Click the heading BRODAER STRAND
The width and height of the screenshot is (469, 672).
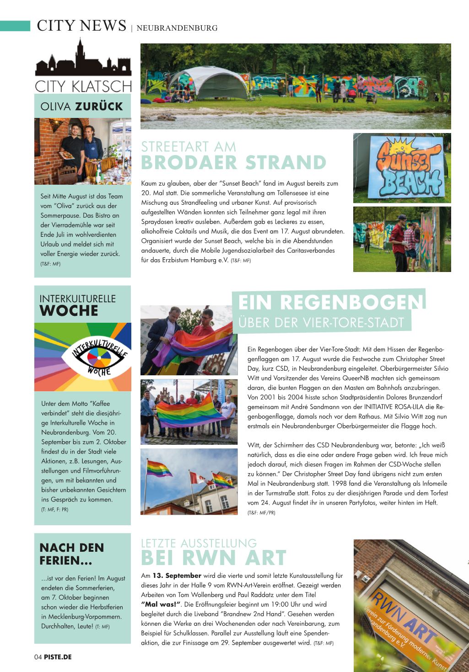[x=233, y=163]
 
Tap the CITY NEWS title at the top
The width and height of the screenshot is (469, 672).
[x=81, y=26]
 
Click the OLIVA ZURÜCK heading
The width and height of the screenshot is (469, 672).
[x=82, y=107]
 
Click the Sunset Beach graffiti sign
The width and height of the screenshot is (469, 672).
[x=402, y=168]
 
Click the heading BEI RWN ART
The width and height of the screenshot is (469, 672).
[x=213, y=558]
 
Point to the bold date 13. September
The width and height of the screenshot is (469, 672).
[x=177, y=576]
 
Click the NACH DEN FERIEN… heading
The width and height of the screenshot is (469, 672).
[x=72, y=554]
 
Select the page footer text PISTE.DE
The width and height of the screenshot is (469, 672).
[x=58, y=657]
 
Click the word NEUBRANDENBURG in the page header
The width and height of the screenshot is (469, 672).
[x=177, y=28]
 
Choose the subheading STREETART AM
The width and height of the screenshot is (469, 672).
[x=189, y=147]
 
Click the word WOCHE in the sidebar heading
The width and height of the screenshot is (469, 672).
[x=69, y=311]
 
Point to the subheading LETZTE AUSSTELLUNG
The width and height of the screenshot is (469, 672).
[x=199, y=544]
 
